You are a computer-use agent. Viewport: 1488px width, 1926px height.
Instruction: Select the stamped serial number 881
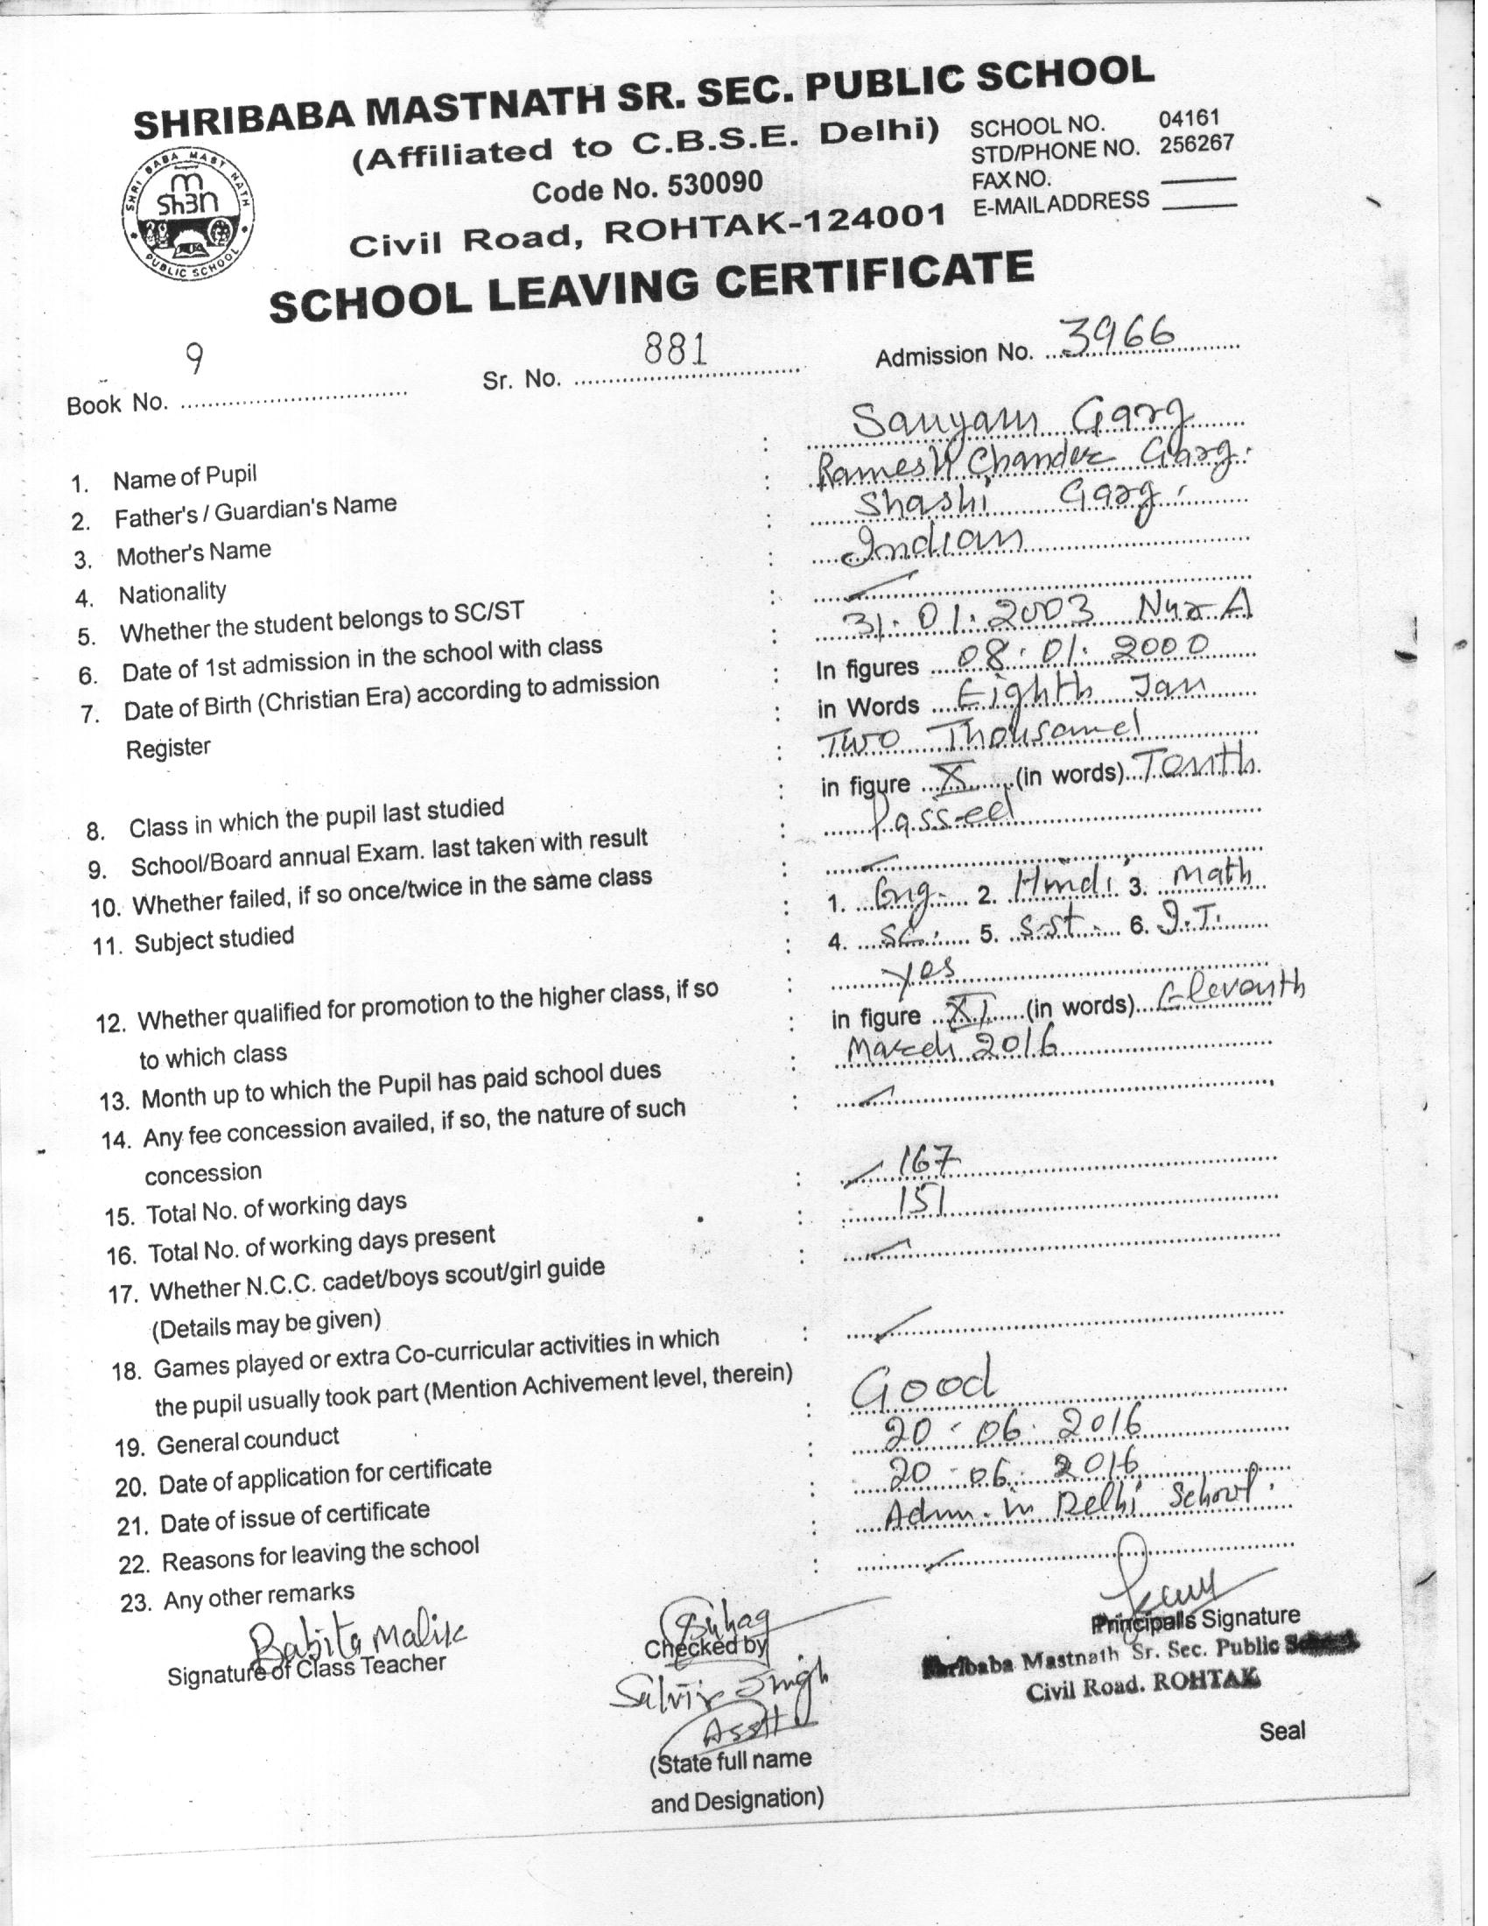pyautogui.click(x=676, y=351)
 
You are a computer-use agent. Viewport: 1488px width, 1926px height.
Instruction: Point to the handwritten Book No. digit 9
pyautogui.click(x=195, y=359)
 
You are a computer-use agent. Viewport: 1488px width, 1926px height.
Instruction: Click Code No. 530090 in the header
pyautogui.click(x=647, y=186)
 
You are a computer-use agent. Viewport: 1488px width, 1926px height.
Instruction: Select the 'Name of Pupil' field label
pyautogui.click(x=184, y=477)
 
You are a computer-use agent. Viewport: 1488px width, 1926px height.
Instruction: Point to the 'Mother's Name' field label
pyautogui.click(x=193, y=554)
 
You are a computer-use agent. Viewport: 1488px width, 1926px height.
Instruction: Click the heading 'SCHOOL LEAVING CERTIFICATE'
pyautogui.click(x=650, y=285)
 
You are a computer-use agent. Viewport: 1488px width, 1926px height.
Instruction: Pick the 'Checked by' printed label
pyautogui.click(x=706, y=1647)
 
